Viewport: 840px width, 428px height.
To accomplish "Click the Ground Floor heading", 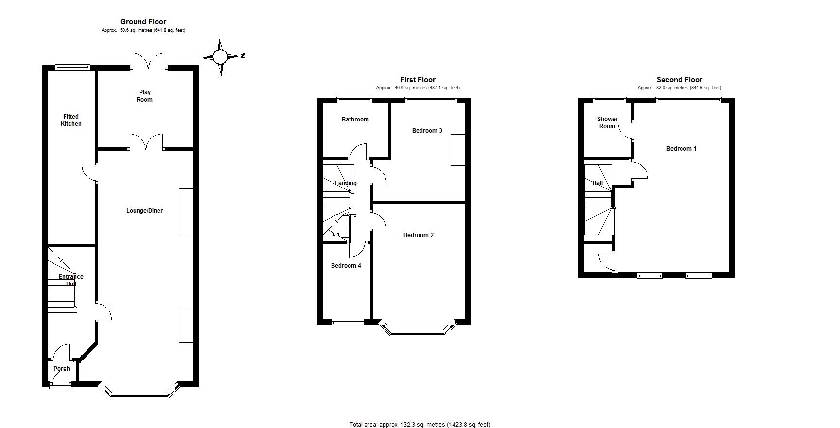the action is tap(143, 22).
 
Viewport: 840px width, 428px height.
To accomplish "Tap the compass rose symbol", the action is tap(220, 57).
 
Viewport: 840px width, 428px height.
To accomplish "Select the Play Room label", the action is tap(145, 96).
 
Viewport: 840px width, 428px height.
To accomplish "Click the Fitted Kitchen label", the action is tap(71, 120).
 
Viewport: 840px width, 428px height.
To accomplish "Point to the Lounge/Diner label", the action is tap(144, 211).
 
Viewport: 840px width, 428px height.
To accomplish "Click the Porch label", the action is tap(62, 369).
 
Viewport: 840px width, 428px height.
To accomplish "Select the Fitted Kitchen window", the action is tap(72, 68).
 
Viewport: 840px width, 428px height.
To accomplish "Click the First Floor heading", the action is tap(418, 80).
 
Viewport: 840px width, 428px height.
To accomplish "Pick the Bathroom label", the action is tap(355, 120).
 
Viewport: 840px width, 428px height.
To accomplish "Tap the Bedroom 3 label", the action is tap(427, 131).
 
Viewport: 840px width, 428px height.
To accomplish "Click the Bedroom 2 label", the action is tap(418, 235).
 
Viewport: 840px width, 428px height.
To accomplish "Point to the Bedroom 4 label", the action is tap(346, 266).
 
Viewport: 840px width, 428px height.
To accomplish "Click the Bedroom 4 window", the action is tap(348, 322).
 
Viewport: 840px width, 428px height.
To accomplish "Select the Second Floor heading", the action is tap(679, 80).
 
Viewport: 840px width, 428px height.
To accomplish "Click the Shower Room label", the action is tap(608, 122).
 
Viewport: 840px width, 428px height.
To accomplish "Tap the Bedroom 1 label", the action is tap(681, 149).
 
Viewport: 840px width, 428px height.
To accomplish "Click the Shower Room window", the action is tap(610, 100).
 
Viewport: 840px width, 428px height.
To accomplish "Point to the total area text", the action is tap(420, 425).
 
